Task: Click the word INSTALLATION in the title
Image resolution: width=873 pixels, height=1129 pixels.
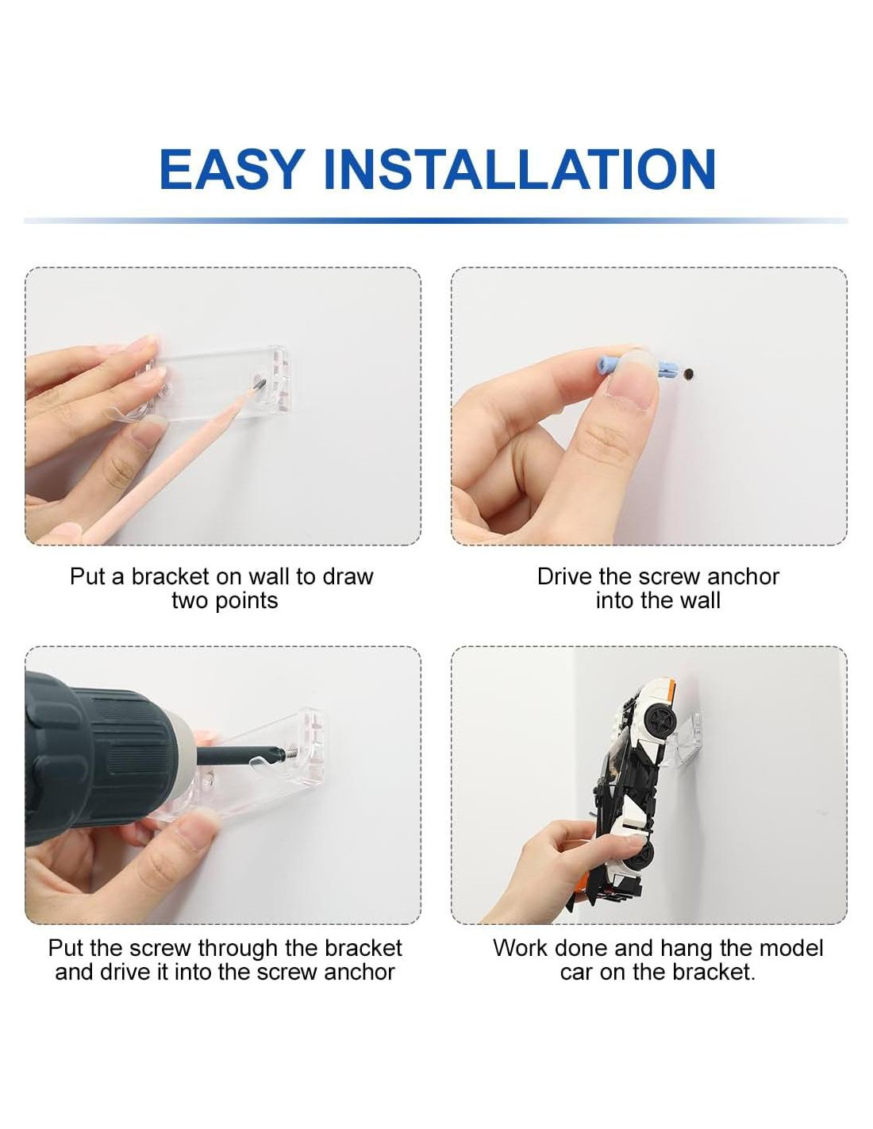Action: [520, 169]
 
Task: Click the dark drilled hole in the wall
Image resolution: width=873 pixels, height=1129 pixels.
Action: [689, 374]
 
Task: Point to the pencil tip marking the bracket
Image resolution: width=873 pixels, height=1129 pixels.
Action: [260, 383]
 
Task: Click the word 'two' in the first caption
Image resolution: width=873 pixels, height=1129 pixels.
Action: [190, 601]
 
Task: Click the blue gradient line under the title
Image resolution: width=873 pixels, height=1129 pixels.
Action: [436, 220]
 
